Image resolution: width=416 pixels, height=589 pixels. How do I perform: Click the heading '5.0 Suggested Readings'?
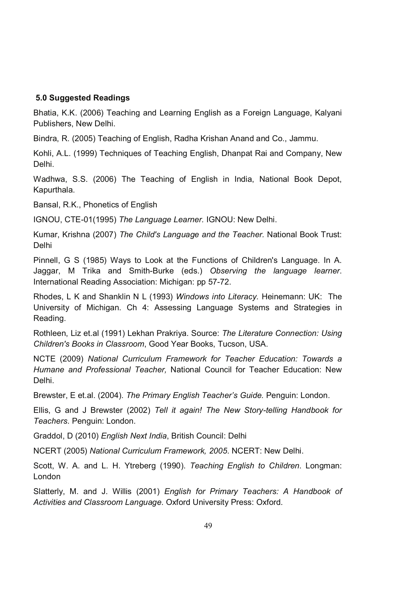coord(83,98)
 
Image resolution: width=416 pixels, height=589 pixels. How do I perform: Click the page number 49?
coord(208,526)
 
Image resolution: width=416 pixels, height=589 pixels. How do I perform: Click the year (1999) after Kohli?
coord(85,153)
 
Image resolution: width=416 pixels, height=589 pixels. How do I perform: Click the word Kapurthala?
coord(54,190)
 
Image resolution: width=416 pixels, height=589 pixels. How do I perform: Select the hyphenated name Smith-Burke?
coord(151,271)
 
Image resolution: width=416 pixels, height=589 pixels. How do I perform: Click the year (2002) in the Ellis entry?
coord(138,410)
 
